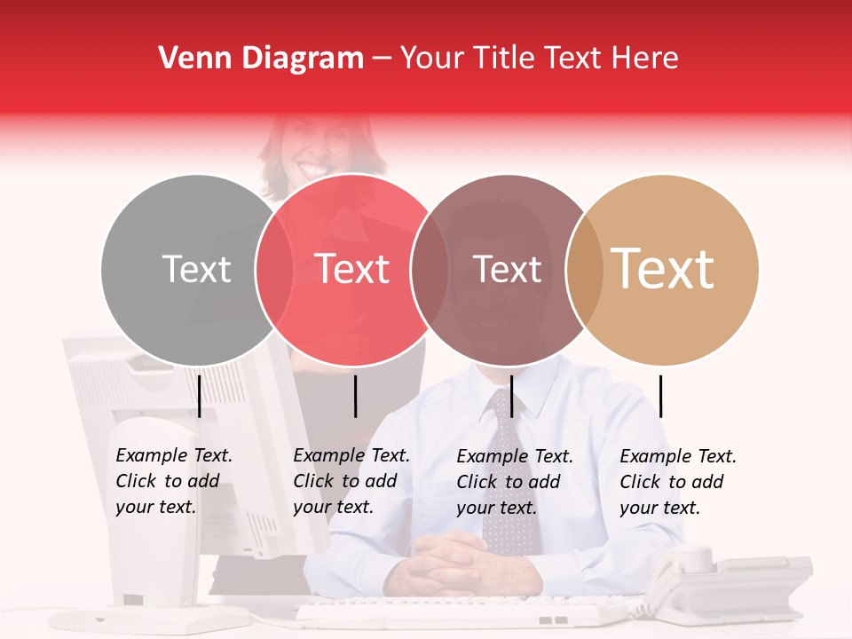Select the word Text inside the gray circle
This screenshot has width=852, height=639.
tap(196, 269)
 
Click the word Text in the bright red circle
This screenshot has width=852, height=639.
tap(352, 269)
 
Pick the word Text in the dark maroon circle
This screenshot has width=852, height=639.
tap(507, 269)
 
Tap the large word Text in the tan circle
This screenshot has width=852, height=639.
tap(663, 269)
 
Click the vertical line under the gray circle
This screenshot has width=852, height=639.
tap(200, 396)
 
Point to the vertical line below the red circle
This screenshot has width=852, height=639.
tap(355, 396)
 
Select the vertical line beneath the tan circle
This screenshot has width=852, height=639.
tap(661, 396)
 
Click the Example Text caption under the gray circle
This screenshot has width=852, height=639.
tap(173, 481)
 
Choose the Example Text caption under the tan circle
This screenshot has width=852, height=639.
tap(677, 482)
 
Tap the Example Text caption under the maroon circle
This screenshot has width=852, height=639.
tap(514, 482)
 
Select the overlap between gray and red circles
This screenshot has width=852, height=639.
tap(274, 269)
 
